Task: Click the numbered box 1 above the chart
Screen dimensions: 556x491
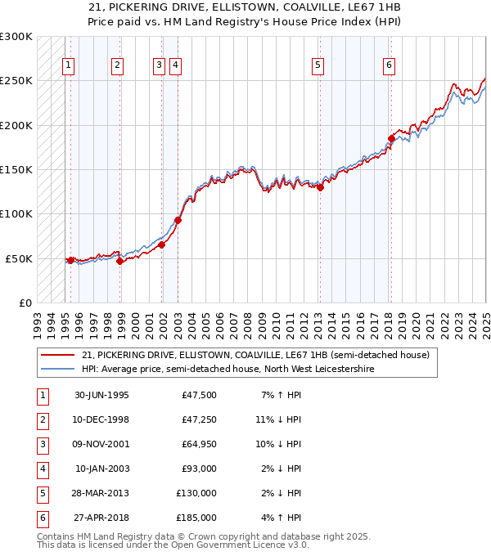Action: click(x=68, y=66)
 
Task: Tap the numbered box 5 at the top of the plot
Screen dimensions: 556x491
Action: click(x=317, y=66)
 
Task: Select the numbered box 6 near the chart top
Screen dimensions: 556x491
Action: click(x=389, y=66)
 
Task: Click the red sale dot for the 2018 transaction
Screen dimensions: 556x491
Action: click(x=391, y=139)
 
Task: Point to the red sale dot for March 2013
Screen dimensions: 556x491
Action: click(x=321, y=187)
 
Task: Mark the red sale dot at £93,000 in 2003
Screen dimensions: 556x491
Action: click(x=178, y=220)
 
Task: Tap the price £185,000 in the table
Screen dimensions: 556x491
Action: click(x=196, y=518)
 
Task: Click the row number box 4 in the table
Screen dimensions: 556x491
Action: click(x=41, y=469)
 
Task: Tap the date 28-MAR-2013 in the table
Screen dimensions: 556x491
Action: click(x=101, y=493)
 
